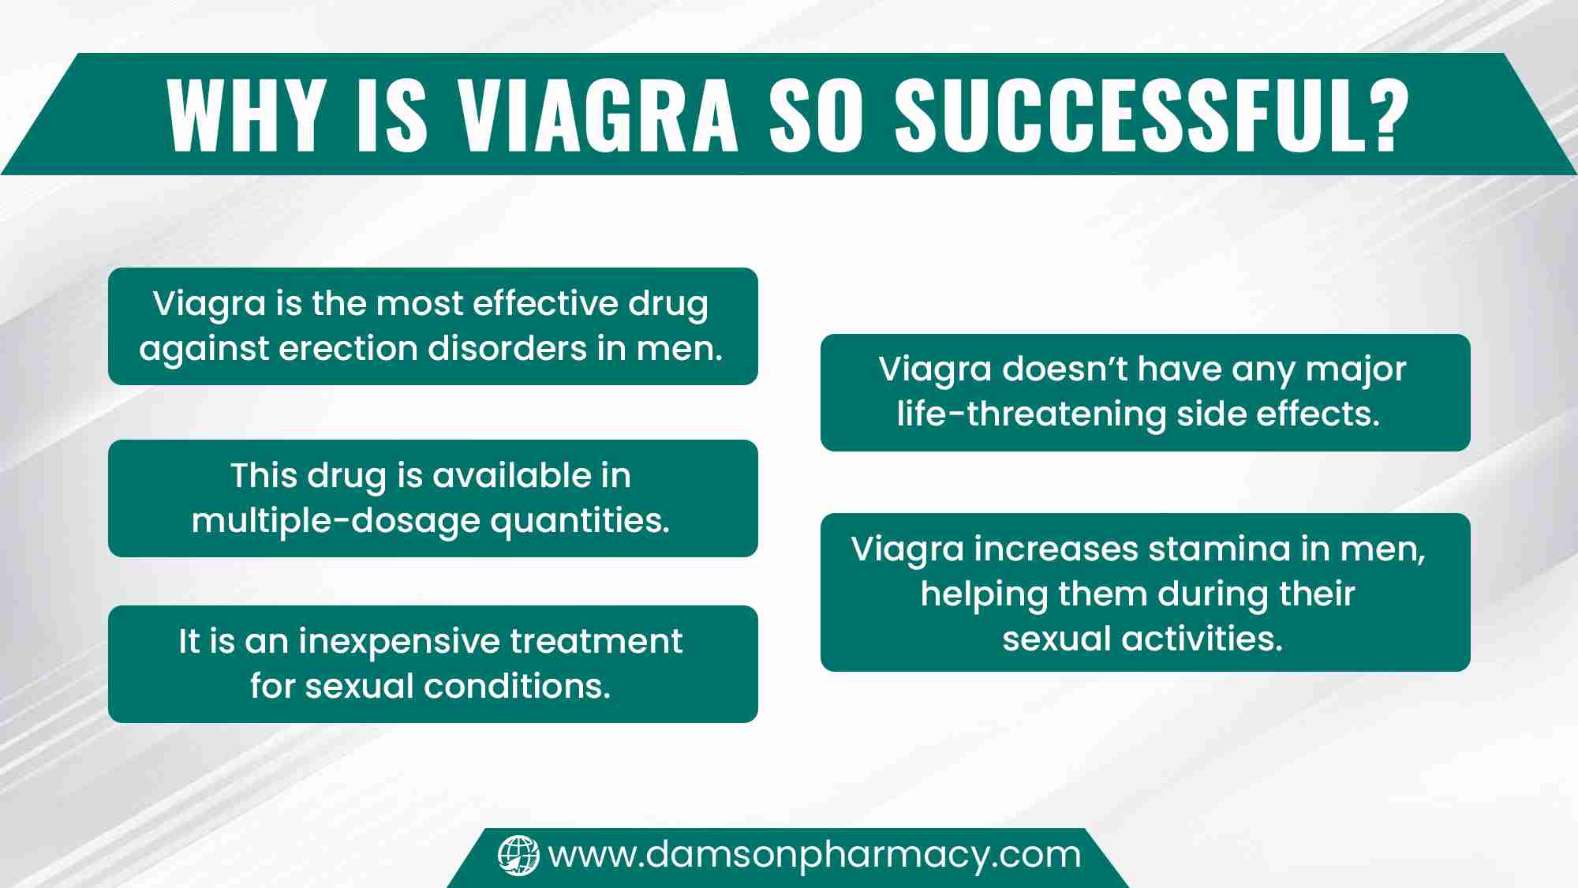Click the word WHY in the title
coord(247,115)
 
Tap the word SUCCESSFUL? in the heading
coord(1152,115)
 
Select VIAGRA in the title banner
coord(599,115)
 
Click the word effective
coord(545,303)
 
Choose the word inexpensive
coord(398,642)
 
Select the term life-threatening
coord(1031,414)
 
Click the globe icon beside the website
coord(518,856)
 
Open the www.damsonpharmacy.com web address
coord(814,856)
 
